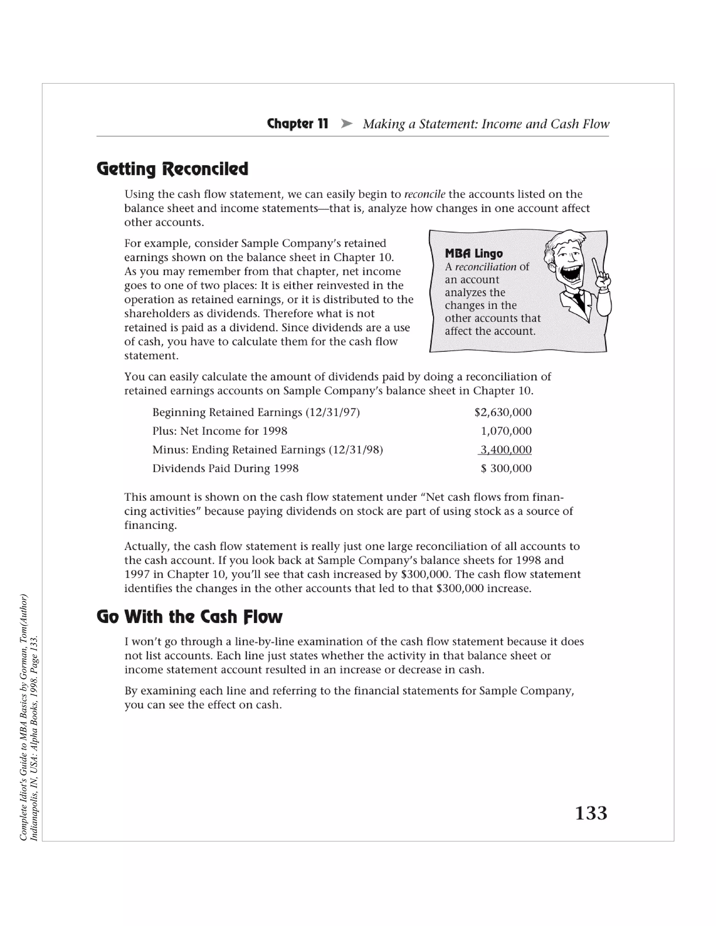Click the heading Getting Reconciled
point(172,169)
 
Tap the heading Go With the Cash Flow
point(189,617)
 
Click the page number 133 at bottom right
point(591,813)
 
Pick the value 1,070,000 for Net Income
point(506,431)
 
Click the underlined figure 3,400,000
point(505,449)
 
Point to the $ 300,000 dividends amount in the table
point(506,468)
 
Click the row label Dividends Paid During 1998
point(225,468)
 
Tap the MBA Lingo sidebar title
point(473,254)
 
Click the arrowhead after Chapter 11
point(346,124)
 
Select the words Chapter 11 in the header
point(298,124)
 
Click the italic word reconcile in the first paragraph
point(424,194)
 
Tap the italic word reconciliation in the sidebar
point(485,267)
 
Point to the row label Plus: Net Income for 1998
point(220,431)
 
